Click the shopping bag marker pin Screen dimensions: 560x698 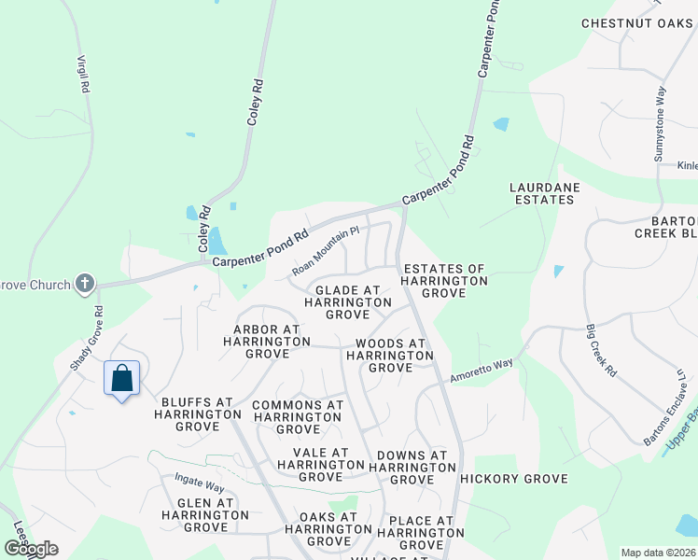tap(121, 379)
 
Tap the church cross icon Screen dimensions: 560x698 tap(85, 284)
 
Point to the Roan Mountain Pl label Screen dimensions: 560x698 tap(325, 251)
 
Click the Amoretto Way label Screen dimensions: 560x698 tap(482, 370)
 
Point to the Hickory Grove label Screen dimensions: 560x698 tap(513, 479)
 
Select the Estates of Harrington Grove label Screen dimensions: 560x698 tap(444, 280)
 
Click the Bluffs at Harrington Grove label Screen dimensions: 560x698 tap(196, 413)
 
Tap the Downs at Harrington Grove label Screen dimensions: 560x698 tap(412, 468)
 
